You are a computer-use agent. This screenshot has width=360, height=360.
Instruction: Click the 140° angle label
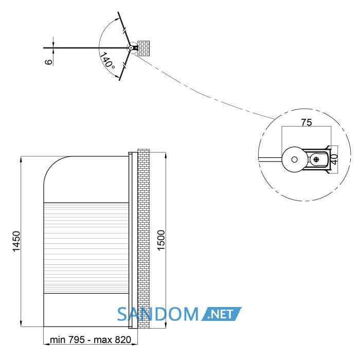click(107, 61)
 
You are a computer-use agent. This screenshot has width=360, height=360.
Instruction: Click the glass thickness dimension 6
click(49, 62)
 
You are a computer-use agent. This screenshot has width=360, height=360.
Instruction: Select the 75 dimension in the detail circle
click(307, 122)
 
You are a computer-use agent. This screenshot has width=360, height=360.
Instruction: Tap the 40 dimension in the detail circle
click(334, 159)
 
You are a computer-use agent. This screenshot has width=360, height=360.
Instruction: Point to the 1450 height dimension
click(16, 241)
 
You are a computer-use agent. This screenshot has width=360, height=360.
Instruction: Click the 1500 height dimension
click(161, 240)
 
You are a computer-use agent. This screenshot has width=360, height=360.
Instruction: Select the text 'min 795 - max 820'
click(91, 339)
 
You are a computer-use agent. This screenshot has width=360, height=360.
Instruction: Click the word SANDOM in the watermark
click(158, 314)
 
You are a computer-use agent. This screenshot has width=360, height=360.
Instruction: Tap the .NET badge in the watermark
click(222, 314)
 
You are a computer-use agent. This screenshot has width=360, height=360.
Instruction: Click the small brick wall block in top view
click(143, 48)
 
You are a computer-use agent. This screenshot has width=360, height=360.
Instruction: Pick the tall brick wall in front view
click(143, 238)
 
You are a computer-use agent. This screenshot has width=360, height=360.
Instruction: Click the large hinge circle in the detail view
click(294, 159)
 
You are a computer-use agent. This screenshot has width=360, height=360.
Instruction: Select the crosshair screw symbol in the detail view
click(316, 159)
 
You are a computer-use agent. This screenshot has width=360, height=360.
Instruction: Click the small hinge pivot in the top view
click(131, 48)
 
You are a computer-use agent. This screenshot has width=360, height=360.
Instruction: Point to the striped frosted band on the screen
click(86, 248)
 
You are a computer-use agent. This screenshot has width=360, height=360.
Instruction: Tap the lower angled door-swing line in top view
click(124, 65)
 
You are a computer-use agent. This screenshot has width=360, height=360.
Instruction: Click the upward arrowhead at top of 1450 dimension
click(21, 159)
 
